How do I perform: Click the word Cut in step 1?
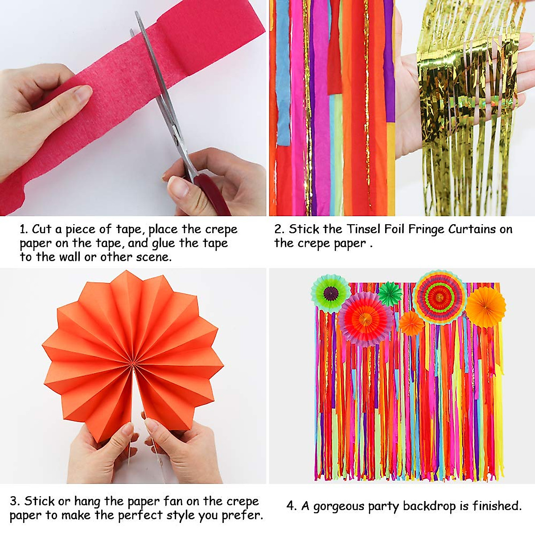pyautogui.click(x=41, y=230)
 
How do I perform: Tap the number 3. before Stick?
pyautogui.click(x=15, y=501)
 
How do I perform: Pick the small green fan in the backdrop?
pyautogui.click(x=390, y=294)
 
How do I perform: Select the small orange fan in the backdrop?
pyautogui.click(x=411, y=323)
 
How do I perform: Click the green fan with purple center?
pyautogui.click(x=330, y=293)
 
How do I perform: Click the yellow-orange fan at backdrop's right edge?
pyautogui.click(x=486, y=306)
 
